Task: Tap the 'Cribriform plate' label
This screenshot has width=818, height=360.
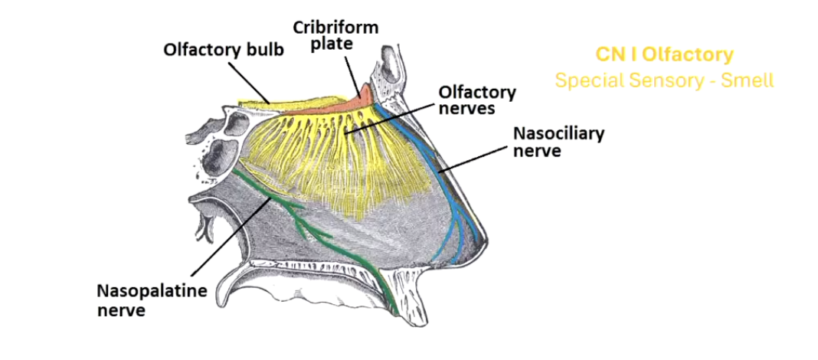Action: coord(335,35)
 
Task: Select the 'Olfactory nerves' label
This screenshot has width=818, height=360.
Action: coord(476,100)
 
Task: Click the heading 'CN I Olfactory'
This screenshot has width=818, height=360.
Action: coord(664,55)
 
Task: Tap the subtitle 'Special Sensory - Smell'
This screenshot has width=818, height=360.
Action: coord(664,80)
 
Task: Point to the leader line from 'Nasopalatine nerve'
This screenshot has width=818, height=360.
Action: coord(229,237)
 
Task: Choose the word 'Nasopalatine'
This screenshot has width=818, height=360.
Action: coord(143,292)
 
